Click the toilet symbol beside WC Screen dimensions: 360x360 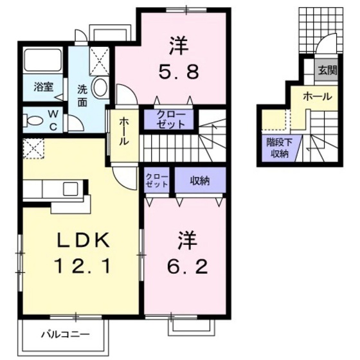pos(31,120)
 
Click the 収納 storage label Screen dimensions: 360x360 pos(200,181)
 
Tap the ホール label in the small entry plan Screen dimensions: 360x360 pos(318,97)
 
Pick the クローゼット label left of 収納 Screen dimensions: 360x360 pos(157,180)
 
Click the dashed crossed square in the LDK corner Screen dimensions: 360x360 pos(32,149)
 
